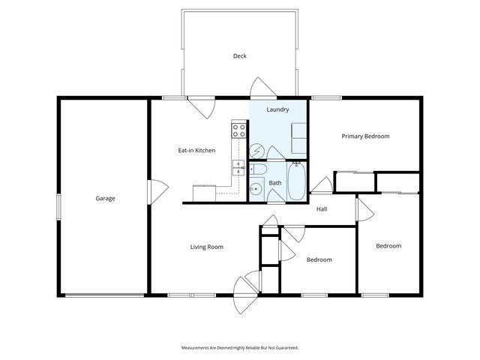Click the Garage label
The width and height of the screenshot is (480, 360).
[x=105, y=199]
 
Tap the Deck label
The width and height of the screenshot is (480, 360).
[x=239, y=56]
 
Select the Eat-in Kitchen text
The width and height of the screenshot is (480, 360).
[x=196, y=151]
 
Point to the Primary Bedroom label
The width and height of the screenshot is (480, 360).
[x=365, y=136]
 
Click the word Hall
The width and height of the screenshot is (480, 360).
[x=322, y=209]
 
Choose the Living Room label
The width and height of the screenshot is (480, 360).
[x=206, y=247]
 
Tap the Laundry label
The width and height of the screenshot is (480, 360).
[x=277, y=109]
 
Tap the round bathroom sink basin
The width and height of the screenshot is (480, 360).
[x=254, y=189]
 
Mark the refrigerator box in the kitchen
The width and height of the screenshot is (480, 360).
[x=204, y=193]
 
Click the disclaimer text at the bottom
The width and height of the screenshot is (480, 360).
[x=240, y=348]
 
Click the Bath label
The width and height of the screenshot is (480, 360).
[x=275, y=183]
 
